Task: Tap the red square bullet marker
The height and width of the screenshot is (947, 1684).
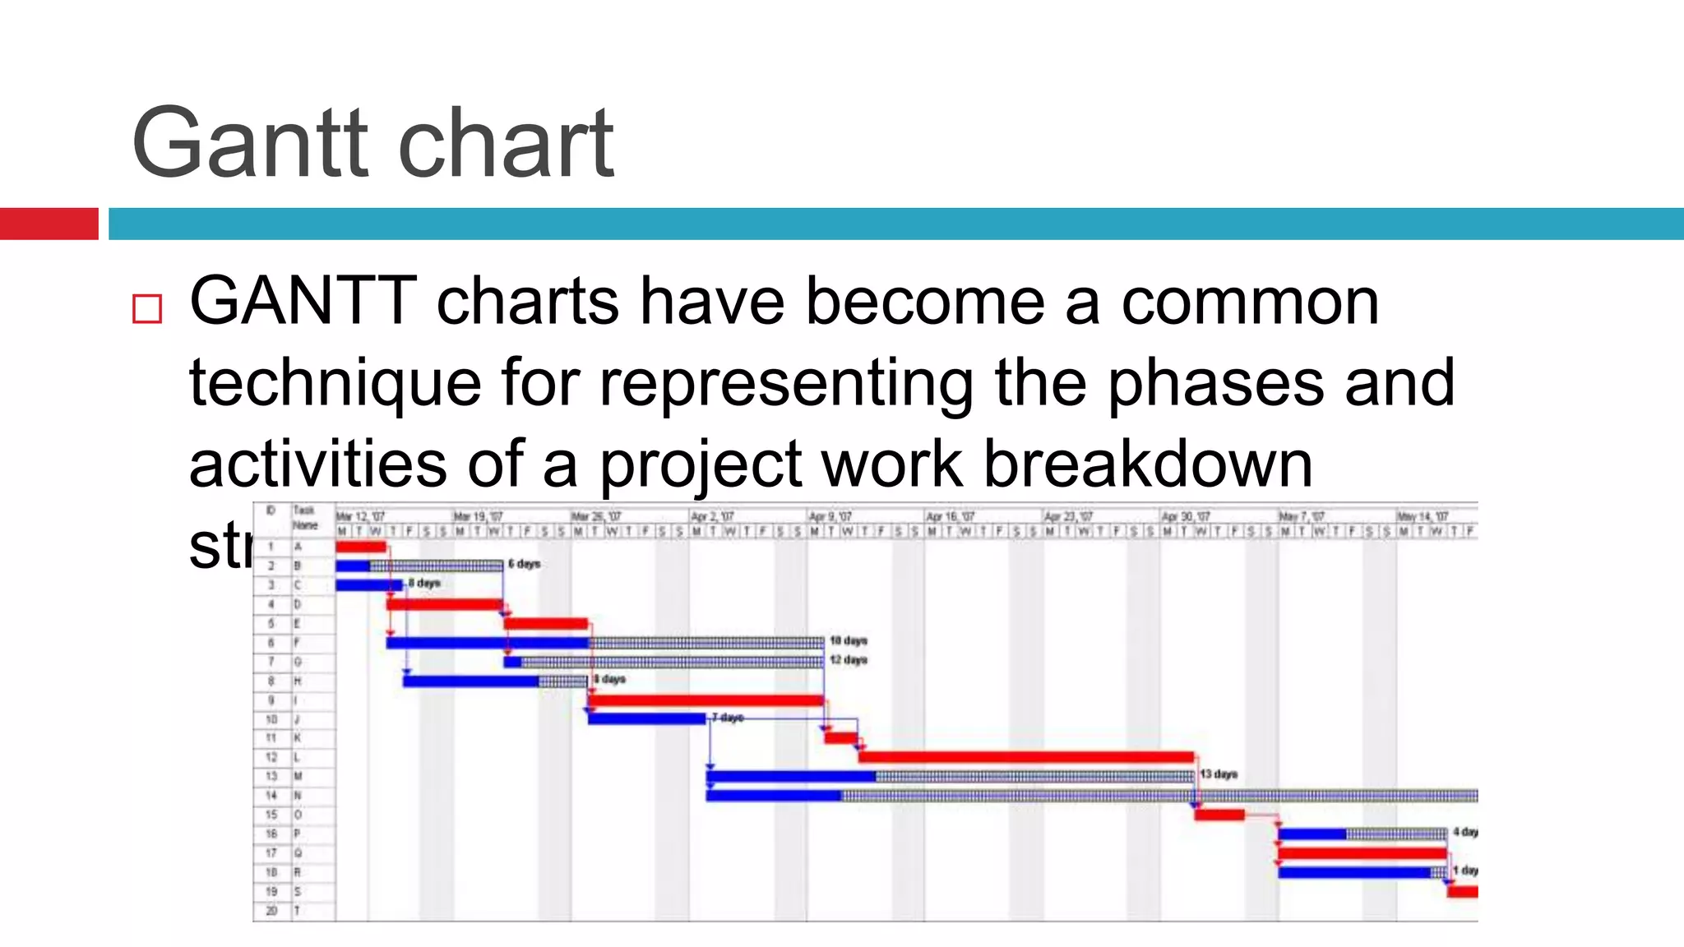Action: (147, 309)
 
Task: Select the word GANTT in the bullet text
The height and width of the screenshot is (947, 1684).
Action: (303, 301)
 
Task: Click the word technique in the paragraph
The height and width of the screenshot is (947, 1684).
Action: (335, 383)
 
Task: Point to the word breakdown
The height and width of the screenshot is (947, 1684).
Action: (1148, 464)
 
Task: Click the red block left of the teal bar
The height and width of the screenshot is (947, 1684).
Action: (49, 224)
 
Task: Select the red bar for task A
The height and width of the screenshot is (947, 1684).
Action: (360, 547)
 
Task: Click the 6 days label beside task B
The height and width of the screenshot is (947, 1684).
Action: (524, 564)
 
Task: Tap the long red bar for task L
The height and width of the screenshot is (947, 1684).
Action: (1025, 757)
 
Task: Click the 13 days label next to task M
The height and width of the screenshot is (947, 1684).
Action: (1219, 774)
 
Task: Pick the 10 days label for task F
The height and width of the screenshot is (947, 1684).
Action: (849, 640)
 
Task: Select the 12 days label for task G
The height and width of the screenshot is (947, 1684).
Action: (849, 660)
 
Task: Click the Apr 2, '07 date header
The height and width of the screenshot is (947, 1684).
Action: (711, 517)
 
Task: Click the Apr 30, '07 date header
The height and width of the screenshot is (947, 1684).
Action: (1182, 517)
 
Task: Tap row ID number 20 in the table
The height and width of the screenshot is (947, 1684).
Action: (271, 910)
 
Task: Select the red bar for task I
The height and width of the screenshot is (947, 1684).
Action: (706, 700)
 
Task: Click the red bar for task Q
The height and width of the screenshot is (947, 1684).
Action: (1362, 853)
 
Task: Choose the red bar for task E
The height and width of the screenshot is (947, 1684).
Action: (546, 623)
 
